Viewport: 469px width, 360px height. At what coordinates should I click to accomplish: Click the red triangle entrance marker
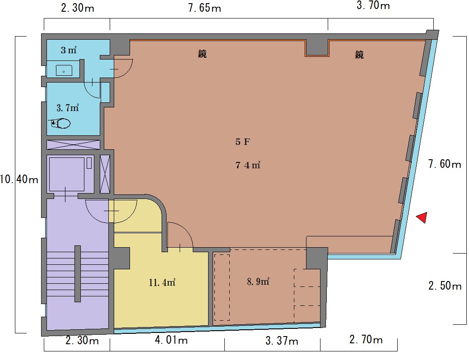423,217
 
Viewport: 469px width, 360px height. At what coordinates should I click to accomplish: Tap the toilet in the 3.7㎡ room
61,123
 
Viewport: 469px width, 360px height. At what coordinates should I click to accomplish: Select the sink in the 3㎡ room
64,70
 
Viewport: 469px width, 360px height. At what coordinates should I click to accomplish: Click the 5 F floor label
242,142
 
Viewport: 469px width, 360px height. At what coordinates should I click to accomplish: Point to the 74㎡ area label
248,165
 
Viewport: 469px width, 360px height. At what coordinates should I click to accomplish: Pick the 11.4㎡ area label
162,282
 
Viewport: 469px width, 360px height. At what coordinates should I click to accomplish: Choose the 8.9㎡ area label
258,282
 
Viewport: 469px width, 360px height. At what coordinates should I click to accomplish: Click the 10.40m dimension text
19,180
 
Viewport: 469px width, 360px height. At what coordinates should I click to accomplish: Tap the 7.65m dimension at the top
204,8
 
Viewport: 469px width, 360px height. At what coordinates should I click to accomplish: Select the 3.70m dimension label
373,5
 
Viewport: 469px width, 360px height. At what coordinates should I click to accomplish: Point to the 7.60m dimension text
445,164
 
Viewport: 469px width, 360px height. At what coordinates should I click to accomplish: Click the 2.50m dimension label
445,286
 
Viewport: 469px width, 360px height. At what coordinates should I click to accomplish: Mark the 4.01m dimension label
172,340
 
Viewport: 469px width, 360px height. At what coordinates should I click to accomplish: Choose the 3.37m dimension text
282,341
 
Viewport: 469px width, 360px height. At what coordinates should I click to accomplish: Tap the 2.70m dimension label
366,340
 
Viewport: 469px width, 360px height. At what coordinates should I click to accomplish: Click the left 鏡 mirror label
202,54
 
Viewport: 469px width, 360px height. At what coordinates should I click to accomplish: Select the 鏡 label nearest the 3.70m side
359,55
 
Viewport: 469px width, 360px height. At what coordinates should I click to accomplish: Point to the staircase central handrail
78,273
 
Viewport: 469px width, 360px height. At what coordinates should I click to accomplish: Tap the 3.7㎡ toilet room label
68,108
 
